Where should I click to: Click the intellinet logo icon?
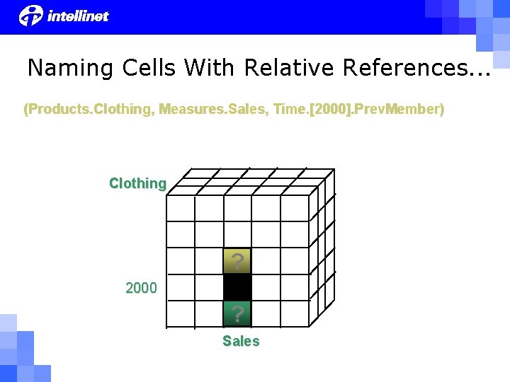tap(31, 15)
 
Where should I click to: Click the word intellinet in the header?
tap(78, 16)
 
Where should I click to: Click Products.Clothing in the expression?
tap(88, 110)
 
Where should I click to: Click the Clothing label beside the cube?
tap(137, 183)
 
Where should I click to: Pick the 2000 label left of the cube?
tap(141, 288)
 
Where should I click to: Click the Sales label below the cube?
tap(241, 341)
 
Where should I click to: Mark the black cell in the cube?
tap(237, 287)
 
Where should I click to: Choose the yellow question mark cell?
tap(237, 261)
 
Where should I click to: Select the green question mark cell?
tap(237, 313)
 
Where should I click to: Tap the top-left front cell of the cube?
tap(180, 209)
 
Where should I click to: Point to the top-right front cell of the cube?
tap(295, 209)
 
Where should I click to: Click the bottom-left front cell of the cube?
tap(180, 313)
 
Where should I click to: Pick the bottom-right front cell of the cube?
tap(295, 313)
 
